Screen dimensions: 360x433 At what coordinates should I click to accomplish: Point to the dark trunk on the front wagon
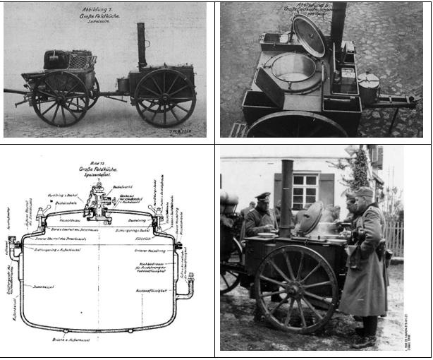(x=56, y=59)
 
